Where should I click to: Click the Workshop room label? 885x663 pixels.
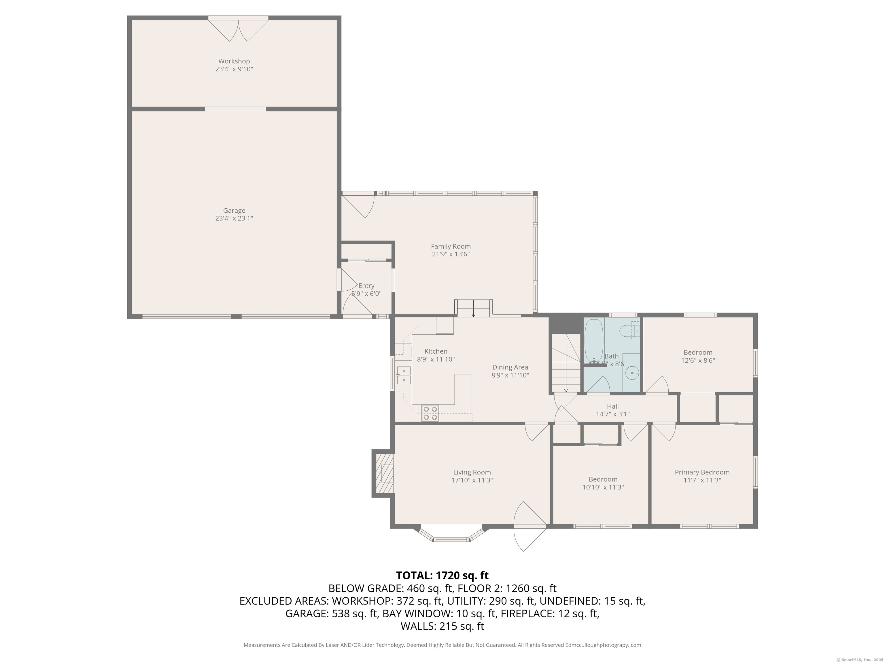coord(234,61)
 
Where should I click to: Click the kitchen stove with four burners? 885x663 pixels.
coord(430,413)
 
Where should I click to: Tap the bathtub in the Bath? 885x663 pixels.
coord(593,340)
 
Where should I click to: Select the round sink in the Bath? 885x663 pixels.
coord(632,374)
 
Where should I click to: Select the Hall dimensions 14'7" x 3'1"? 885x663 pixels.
coord(612,414)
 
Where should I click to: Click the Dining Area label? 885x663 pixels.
coord(510,367)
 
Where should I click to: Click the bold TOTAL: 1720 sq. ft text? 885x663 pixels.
coord(442,576)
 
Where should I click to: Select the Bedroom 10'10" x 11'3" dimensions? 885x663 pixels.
coord(603,487)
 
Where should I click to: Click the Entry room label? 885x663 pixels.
coord(366,286)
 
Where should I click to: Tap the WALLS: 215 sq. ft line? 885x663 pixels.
coord(442,626)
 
